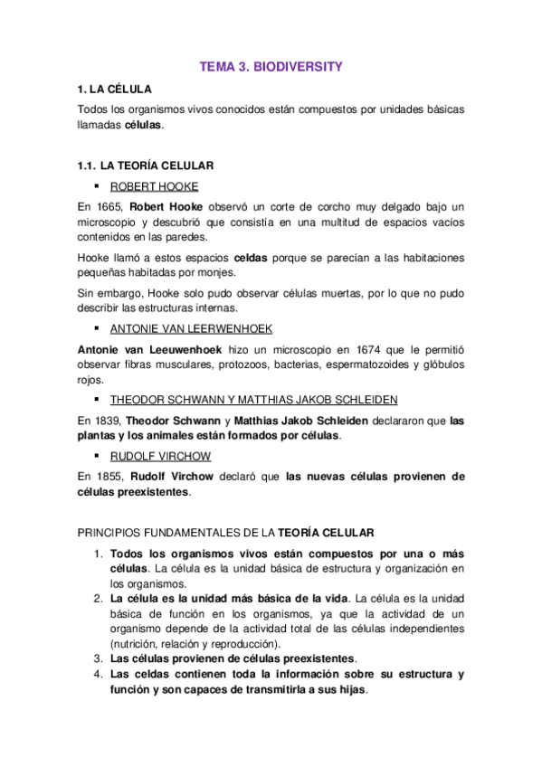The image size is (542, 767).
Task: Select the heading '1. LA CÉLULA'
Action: click(x=114, y=89)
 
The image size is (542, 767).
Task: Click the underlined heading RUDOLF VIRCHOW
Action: click(x=159, y=456)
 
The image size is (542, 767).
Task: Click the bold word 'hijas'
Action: click(x=348, y=689)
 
